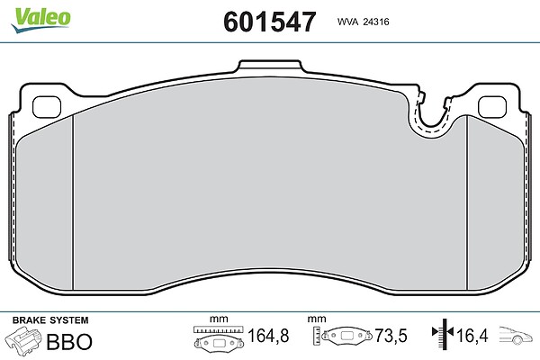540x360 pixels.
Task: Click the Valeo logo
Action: coord(40,19)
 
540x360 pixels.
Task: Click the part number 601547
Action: coord(270,22)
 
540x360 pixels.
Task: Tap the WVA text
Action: coord(347,22)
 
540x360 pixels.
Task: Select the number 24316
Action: coord(376,22)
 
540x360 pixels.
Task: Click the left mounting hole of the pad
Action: coord(47,107)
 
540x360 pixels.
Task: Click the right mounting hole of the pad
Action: coord(492,107)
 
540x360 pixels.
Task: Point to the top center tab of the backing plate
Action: coord(270,66)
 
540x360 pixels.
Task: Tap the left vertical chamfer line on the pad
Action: coord(73,202)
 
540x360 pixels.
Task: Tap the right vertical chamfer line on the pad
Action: coord(466,202)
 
